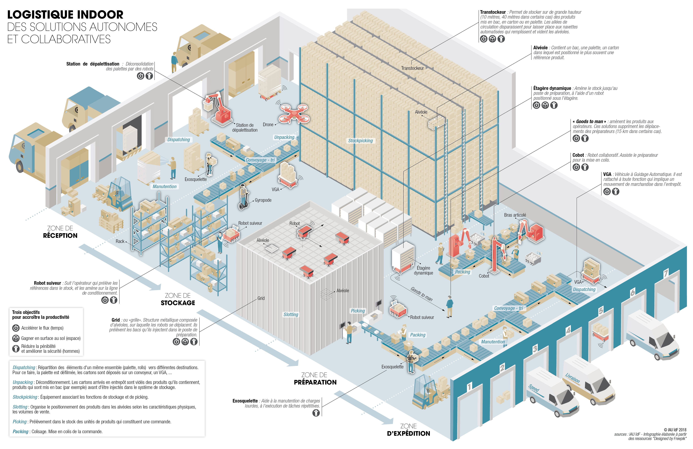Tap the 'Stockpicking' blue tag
pyautogui.click(x=361, y=141)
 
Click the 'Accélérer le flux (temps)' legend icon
pyautogui.click(x=16, y=328)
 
